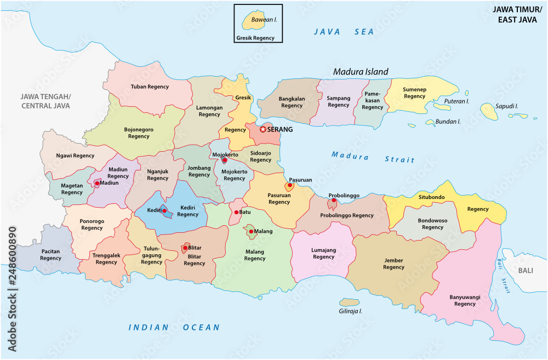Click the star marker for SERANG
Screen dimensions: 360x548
point(263,129)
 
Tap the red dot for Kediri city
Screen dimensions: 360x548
point(164,210)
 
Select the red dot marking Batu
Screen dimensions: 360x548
point(236,212)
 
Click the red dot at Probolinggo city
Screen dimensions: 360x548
point(334,201)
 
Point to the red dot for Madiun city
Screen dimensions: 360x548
point(97,183)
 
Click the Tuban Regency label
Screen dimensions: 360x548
point(150,87)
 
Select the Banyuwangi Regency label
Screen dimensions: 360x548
point(465,300)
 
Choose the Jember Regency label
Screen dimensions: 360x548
point(393,264)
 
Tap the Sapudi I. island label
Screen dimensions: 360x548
point(507,105)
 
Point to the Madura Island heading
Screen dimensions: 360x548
point(361,72)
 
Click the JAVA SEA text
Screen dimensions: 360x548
point(344,32)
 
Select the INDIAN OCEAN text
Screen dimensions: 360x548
point(174,328)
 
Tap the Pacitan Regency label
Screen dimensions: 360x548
point(50,255)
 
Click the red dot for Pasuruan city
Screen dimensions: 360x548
point(289,185)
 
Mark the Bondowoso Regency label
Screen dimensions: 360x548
point(432,224)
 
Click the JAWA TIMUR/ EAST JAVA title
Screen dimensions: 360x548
point(517,14)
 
